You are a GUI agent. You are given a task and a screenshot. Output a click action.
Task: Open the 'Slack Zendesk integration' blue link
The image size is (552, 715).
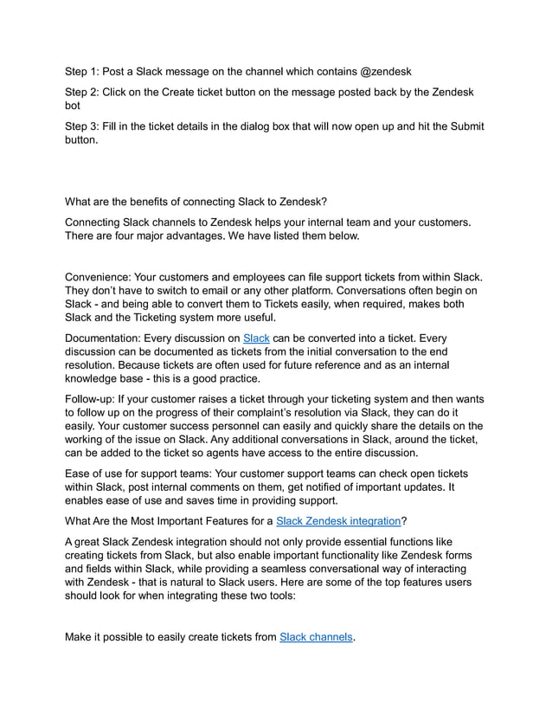(x=337, y=521)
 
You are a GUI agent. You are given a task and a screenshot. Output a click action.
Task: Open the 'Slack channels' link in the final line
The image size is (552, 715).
(x=317, y=637)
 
